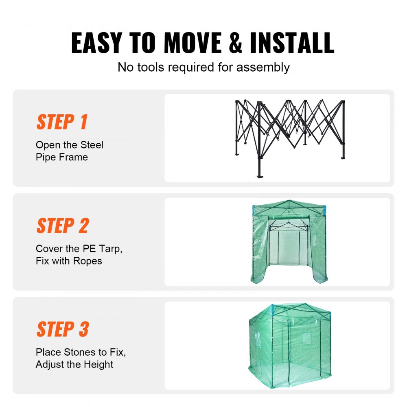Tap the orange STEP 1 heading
coord(62,122)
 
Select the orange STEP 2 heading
coord(62,225)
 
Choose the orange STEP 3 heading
coord(62,329)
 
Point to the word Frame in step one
coord(74,157)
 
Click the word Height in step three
coord(98,365)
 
